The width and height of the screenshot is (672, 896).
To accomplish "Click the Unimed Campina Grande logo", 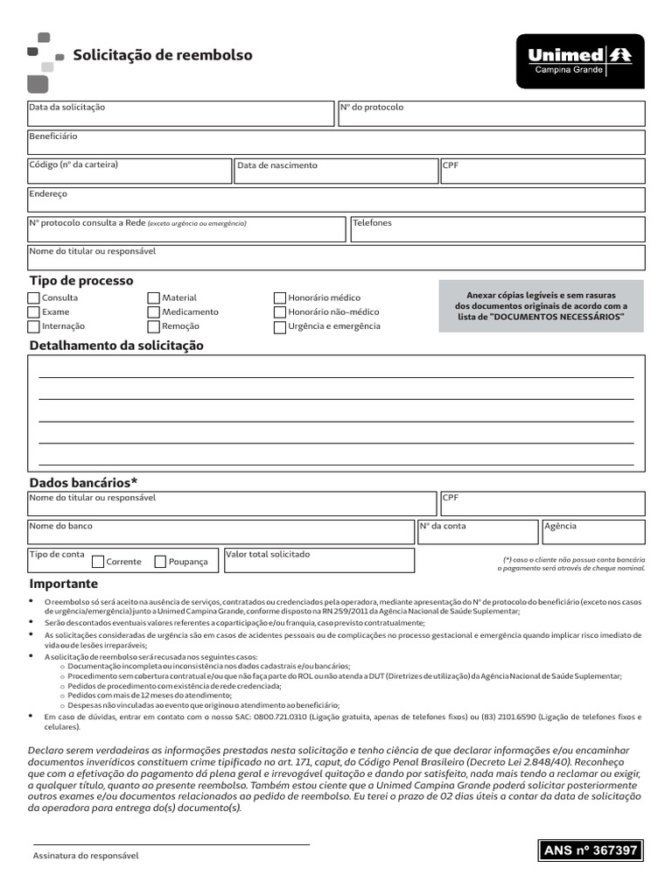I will click(x=579, y=61).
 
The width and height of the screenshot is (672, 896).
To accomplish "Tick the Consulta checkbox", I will click(x=34, y=297).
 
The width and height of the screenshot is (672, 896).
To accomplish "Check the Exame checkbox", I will click(x=34, y=312).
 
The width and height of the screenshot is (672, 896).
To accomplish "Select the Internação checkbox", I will click(x=34, y=327).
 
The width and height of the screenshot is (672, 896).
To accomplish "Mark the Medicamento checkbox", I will click(x=154, y=312).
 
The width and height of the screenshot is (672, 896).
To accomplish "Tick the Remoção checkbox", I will click(x=154, y=327).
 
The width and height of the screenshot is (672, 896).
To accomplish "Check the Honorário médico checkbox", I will click(x=280, y=298).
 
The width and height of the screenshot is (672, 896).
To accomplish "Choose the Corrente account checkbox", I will click(x=98, y=562).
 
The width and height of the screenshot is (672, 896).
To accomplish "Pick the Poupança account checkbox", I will click(x=160, y=562).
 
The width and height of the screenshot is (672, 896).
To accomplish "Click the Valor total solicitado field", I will click(x=318, y=562).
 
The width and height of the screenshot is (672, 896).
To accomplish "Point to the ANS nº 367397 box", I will click(x=591, y=850).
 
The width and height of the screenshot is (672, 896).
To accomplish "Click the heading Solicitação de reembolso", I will click(x=163, y=55).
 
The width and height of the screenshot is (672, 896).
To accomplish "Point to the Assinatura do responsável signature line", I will click(x=171, y=844).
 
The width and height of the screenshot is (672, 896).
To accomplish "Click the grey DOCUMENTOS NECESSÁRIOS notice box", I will click(x=541, y=306).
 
